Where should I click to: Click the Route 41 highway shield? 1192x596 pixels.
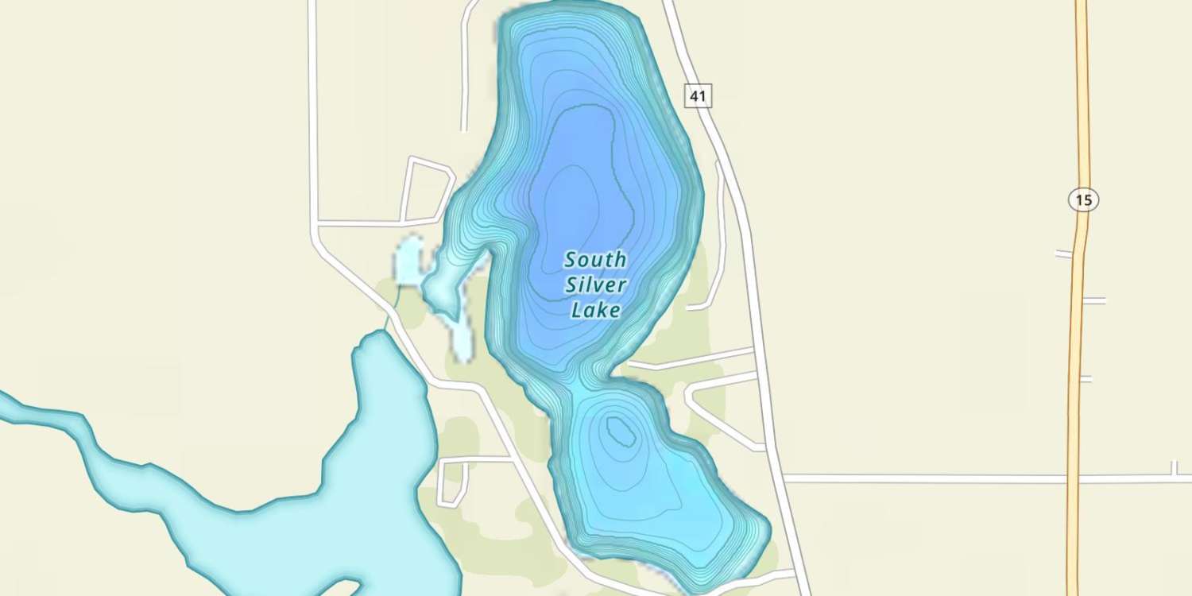[x=698, y=96]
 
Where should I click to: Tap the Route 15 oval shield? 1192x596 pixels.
[x=1083, y=199]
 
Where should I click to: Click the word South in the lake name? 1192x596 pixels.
[x=595, y=260]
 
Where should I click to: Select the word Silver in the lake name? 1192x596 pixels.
[x=596, y=285]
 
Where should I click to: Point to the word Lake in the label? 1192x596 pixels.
[x=595, y=310]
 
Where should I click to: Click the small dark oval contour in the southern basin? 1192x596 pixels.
[x=620, y=432]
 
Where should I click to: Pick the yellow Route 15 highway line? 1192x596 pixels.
[x=1078, y=358]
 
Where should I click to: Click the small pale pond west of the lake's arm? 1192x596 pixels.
[x=408, y=261]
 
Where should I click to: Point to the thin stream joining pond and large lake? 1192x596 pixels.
[x=392, y=309]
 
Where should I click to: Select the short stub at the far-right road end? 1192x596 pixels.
[x=1174, y=469]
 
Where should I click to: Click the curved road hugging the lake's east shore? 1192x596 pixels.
[x=720, y=238]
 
